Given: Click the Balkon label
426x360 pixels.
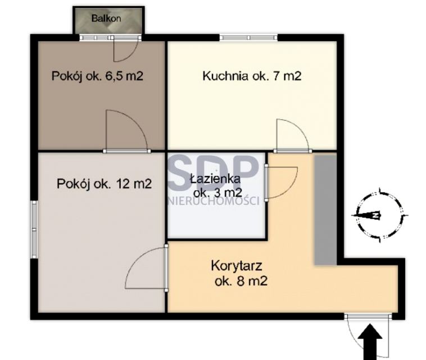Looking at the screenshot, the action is tap(106, 19).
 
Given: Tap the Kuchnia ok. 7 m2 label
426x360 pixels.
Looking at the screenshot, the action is tap(252, 76).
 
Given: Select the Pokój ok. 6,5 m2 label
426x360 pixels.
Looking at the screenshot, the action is tap(97, 76).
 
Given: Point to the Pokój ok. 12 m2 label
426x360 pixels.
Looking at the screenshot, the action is tap(104, 184).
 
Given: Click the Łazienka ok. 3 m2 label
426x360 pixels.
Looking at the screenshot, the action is tap(216, 186).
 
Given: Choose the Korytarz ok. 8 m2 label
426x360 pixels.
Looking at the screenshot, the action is tap(239, 273).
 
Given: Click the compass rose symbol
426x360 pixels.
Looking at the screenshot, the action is tap(380, 215).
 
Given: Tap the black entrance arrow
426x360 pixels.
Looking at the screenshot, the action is tap(370, 342).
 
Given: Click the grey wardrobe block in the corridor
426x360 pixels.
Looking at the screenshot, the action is tap(325, 209).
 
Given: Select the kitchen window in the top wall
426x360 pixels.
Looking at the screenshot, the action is tap(248, 38).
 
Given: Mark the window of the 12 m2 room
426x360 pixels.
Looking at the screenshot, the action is tap(34, 229).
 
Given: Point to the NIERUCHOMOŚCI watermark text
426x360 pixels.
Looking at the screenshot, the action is tap(214, 201).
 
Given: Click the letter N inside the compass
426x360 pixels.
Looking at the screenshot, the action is tap(375, 215).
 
